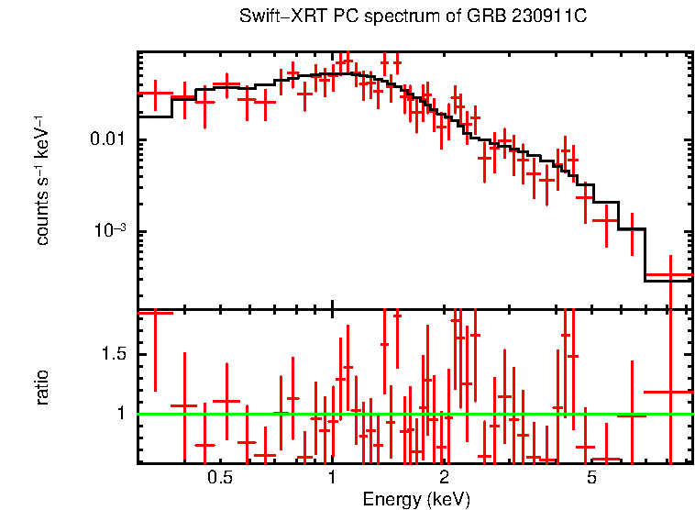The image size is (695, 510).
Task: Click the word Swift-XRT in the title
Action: coord(273,17)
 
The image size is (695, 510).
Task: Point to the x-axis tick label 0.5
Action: coord(219,478)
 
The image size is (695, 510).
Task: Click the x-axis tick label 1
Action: coord(332,478)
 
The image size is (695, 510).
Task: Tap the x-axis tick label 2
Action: coord(444,478)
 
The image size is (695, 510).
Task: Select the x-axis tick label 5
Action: coord(592,478)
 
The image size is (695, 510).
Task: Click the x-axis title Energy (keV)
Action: coord(416,499)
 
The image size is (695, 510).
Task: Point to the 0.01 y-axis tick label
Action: coord(112,140)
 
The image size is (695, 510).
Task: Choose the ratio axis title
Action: coord(42,387)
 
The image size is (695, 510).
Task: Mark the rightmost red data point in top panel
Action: coord(669,275)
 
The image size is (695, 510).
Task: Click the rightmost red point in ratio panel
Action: coord(669,392)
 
